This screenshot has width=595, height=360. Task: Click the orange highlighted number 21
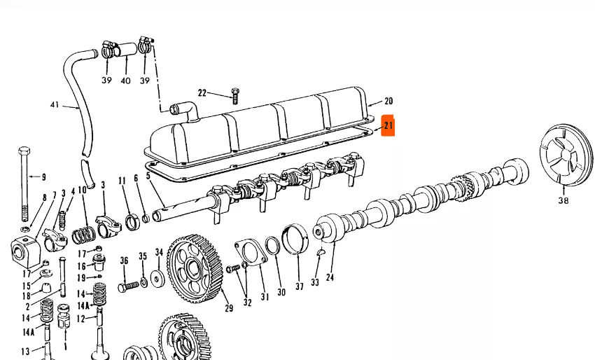coord(388,125)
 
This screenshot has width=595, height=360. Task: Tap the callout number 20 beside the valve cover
coord(388,101)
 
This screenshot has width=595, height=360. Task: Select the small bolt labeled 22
coord(235,96)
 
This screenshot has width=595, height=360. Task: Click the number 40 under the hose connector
coord(125,81)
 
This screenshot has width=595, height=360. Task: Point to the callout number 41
coord(55,104)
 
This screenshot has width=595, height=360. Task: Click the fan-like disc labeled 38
coord(566,155)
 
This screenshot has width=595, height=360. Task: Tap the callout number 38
coord(563,200)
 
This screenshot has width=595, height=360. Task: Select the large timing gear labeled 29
coord(195,268)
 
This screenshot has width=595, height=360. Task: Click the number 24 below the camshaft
coord(330,277)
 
